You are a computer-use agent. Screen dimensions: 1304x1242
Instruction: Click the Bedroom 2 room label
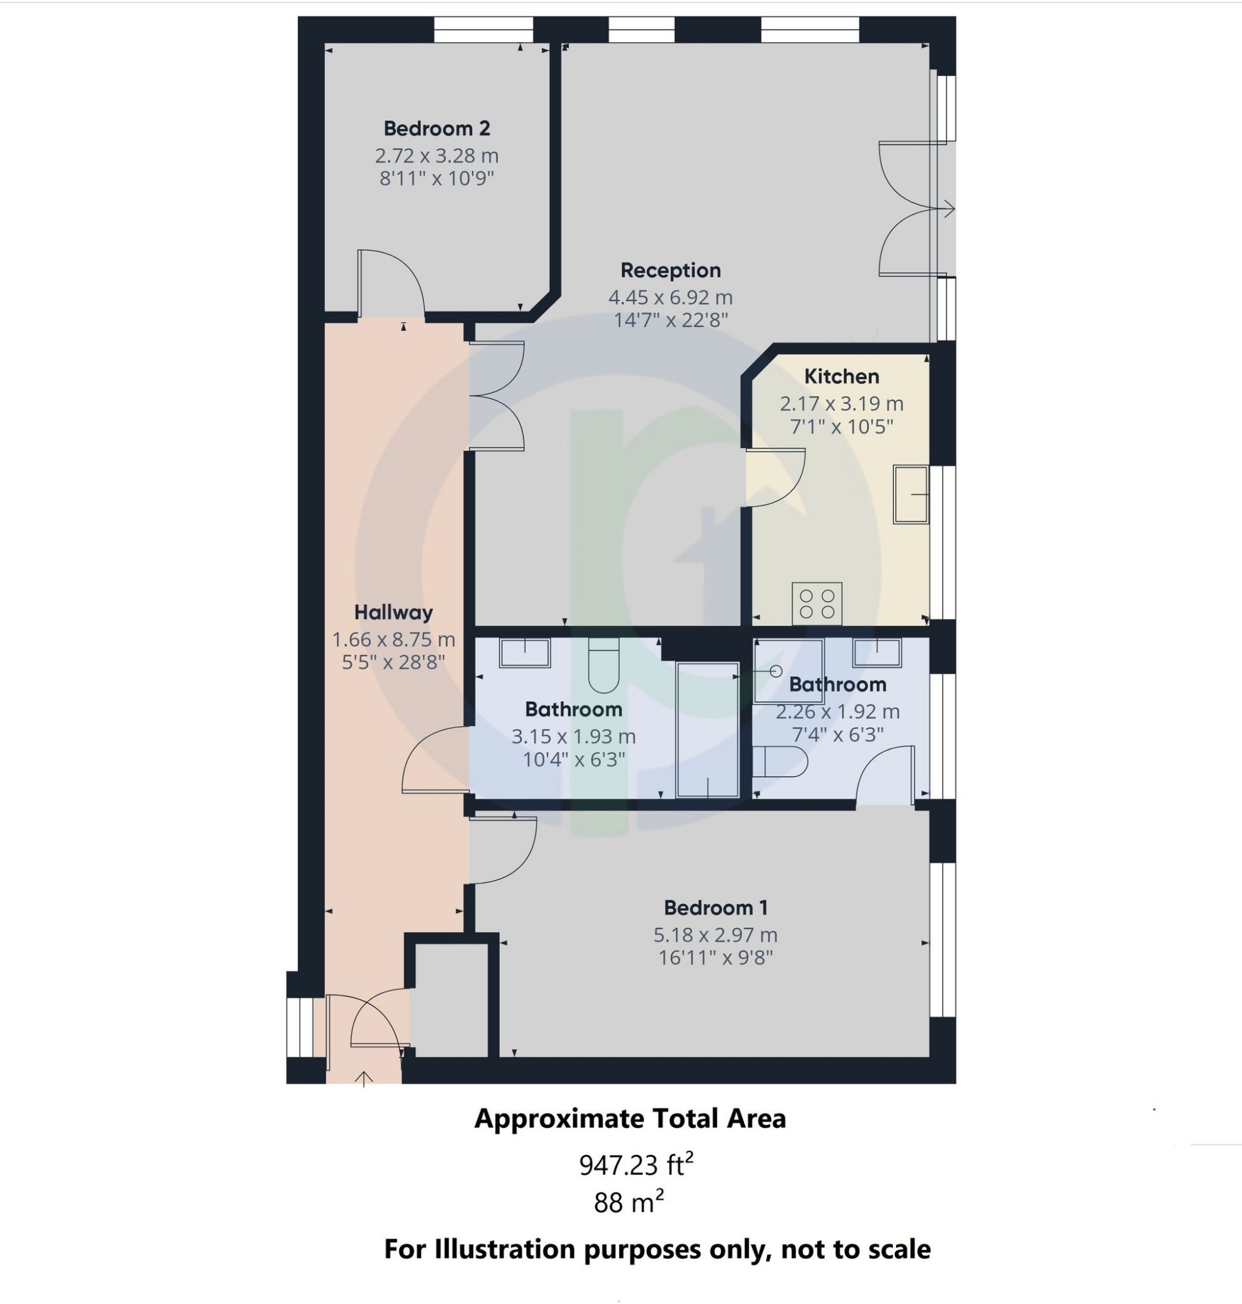tap(436, 129)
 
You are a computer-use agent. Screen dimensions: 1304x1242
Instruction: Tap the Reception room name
tap(670, 270)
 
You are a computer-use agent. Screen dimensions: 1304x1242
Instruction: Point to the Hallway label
tap(393, 613)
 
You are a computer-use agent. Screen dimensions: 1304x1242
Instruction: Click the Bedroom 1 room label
tap(716, 907)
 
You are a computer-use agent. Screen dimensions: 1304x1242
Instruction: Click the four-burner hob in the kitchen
tap(817, 603)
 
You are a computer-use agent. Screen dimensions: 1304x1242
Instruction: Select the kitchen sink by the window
tap(910, 495)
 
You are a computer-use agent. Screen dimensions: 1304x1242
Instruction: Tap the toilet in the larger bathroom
tap(603, 665)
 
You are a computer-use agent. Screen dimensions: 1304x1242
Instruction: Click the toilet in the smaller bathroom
tap(780, 762)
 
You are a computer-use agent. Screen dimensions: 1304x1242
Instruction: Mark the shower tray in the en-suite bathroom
tap(788, 670)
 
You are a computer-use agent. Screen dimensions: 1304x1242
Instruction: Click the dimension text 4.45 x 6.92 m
tap(670, 297)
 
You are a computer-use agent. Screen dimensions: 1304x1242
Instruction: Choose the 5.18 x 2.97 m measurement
tap(715, 935)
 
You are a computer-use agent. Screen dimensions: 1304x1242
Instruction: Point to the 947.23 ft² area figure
tap(636, 1165)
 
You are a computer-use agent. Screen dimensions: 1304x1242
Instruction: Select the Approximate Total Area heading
tap(630, 1119)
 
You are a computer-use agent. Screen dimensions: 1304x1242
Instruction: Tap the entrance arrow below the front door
tap(364, 1079)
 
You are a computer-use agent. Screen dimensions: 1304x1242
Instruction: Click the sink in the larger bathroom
tap(524, 653)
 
